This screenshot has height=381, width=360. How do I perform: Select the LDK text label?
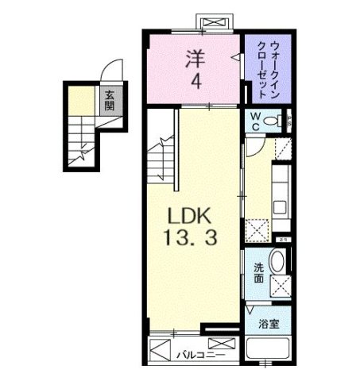point(190,215)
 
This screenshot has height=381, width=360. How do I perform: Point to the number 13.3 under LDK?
point(191,236)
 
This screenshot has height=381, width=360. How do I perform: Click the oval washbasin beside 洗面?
point(277,263)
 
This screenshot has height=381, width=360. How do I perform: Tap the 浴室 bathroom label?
point(267,324)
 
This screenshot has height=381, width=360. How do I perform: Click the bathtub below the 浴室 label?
point(268,350)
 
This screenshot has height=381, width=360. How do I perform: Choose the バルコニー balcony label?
point(197,356)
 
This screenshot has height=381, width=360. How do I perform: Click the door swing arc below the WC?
point(257,143)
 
